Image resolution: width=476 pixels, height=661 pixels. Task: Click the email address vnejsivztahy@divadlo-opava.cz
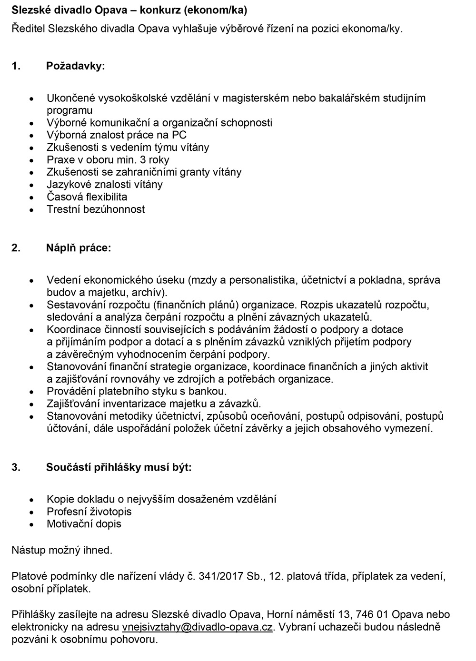197,627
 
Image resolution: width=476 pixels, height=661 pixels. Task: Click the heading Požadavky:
75,66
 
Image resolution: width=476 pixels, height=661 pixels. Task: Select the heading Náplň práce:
78,248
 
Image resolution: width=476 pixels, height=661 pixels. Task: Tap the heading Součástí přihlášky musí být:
119,467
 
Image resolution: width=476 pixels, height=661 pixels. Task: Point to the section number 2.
16,248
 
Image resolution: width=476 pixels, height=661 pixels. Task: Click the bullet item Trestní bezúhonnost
96,209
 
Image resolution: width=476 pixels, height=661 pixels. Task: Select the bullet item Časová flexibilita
87,197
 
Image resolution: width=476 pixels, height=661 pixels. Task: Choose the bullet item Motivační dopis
84,524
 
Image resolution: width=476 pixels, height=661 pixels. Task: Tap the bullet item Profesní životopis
89,512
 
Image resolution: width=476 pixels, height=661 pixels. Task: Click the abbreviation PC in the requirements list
179,135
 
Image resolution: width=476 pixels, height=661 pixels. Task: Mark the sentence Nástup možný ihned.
62,551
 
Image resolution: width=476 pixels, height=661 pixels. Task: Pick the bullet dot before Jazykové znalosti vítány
32,185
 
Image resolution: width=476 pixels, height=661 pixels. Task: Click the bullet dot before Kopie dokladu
32,500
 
